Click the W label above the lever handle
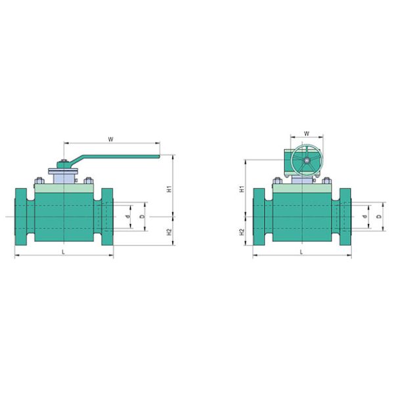[x=111, y=139]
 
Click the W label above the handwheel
[x=306, y=135]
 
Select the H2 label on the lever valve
[x=169, y=231]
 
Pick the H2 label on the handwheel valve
[x=242, y=231]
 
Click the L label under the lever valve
[x=63, y=252]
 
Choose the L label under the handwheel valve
[x=301, y=252]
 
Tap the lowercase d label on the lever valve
[x=128, y=216]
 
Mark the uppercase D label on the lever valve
[x=142, y=216]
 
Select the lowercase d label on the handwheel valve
[x=366, y=216]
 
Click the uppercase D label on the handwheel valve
[x=379, y=216]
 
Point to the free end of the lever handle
[x=158, y=156]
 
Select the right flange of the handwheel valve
[x=345, y=216]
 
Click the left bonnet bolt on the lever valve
[x=40, y=180]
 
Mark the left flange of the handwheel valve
[x=259, y=216]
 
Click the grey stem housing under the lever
[x=64, y=175]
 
